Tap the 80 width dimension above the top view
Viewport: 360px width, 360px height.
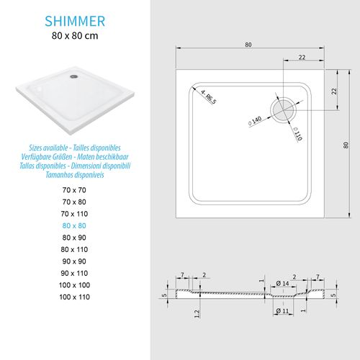(x=248, y=45)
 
